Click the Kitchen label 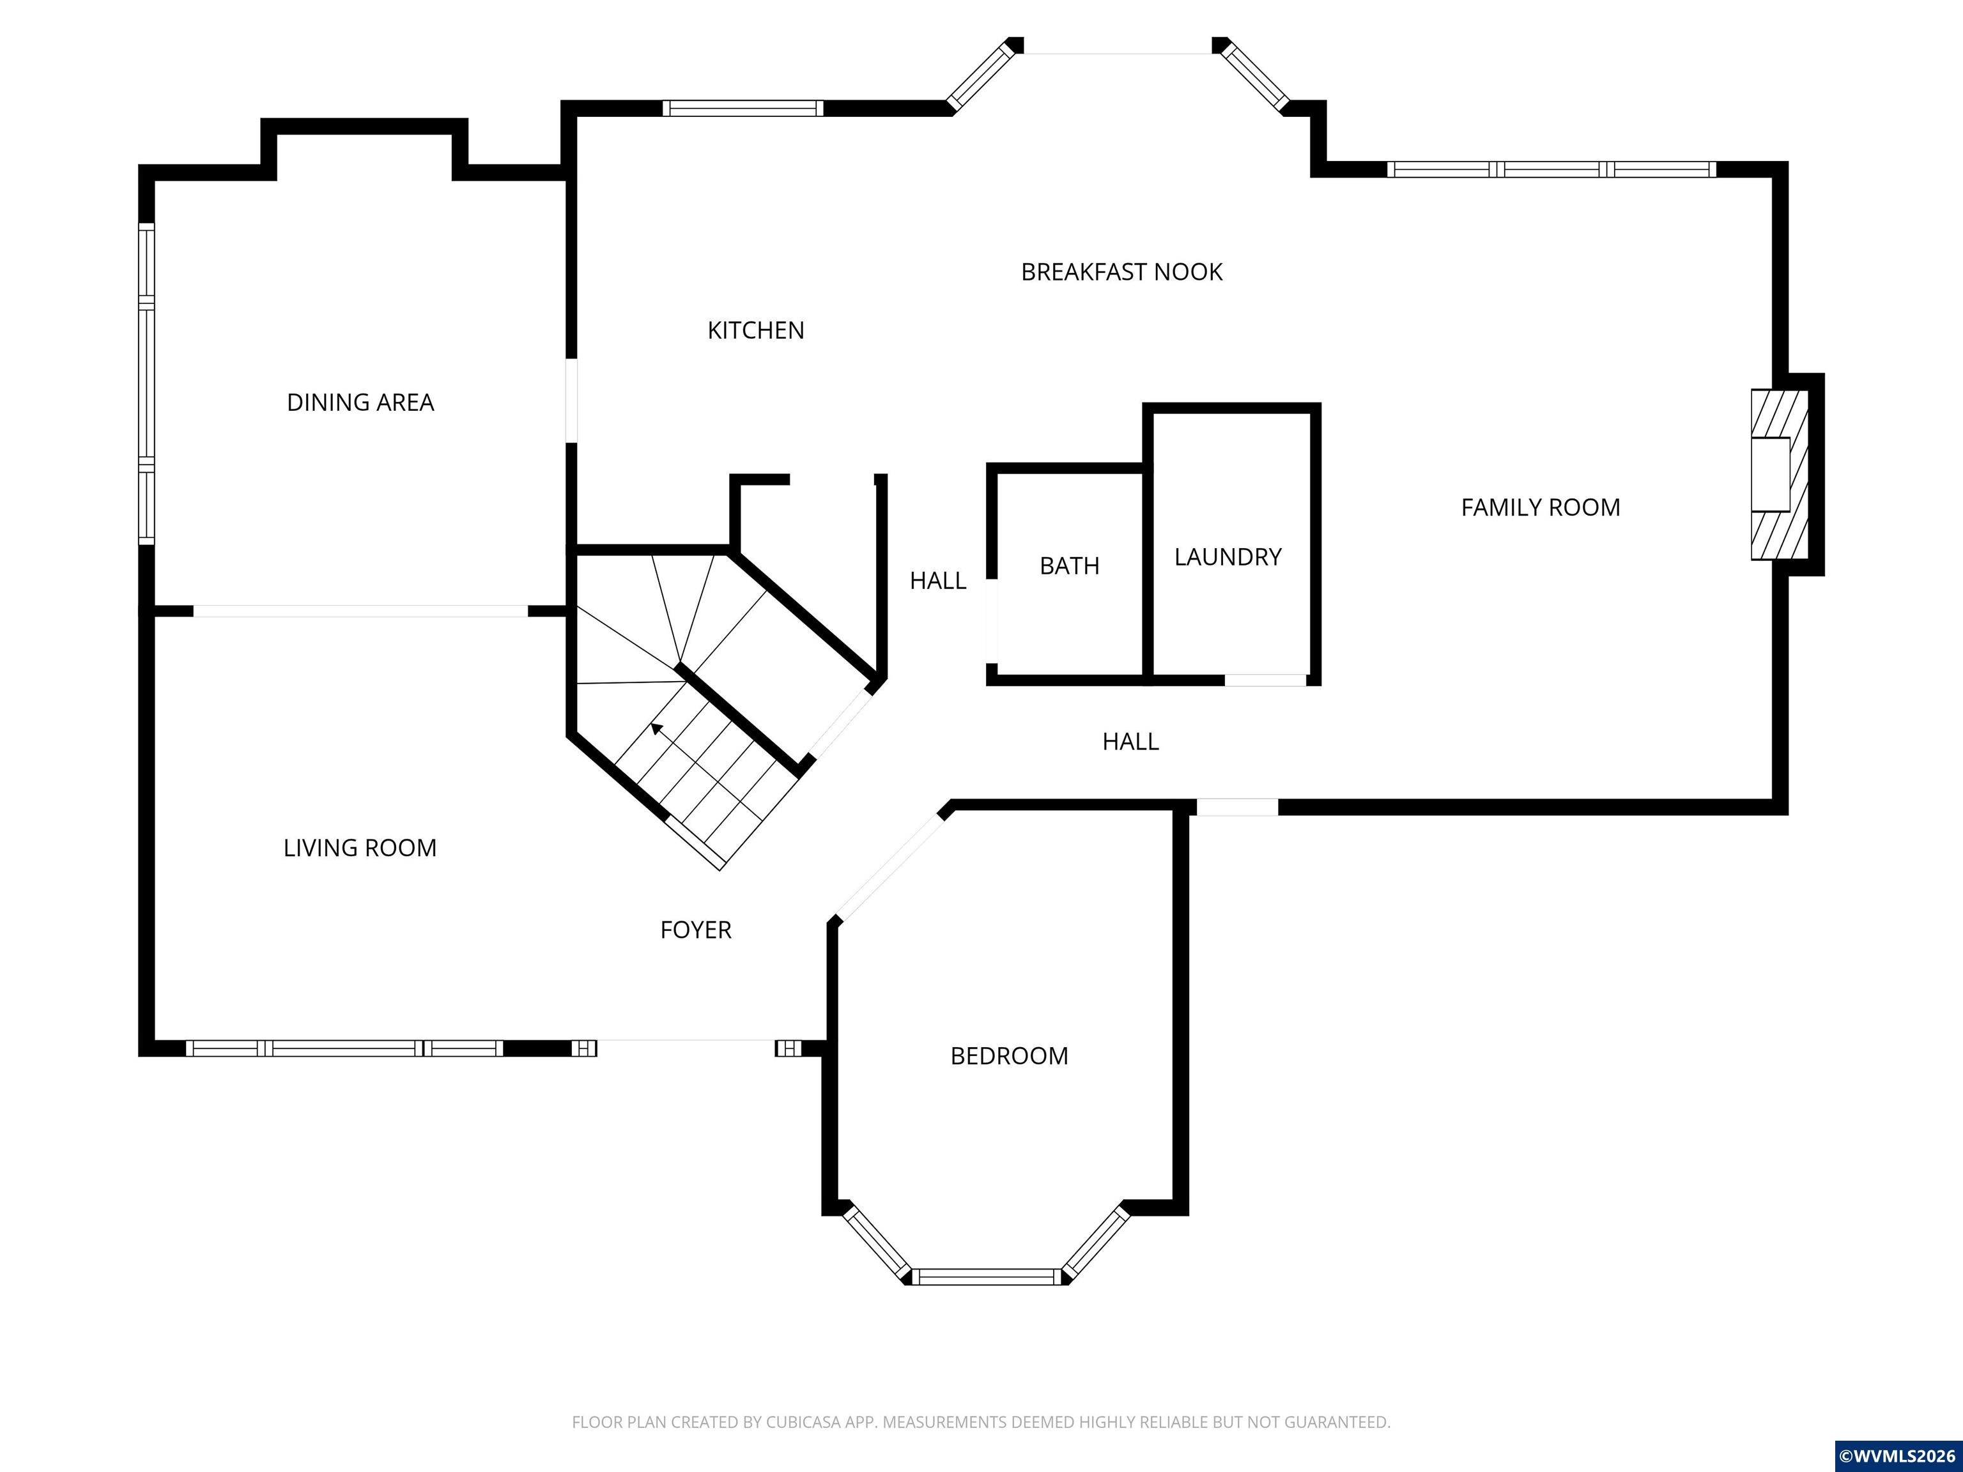(755, 330)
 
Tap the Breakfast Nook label (1121, 272)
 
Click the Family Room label (1541, 507)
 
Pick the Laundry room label (1228, 556)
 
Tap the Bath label (1069, 565)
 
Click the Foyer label (696, 929)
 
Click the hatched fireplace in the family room (1780, 475)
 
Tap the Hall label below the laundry (1130, 741)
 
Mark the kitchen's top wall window (743, 108)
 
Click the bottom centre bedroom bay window (987, 1276)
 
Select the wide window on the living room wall (344, 1048)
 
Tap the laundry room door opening (1265, 680)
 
